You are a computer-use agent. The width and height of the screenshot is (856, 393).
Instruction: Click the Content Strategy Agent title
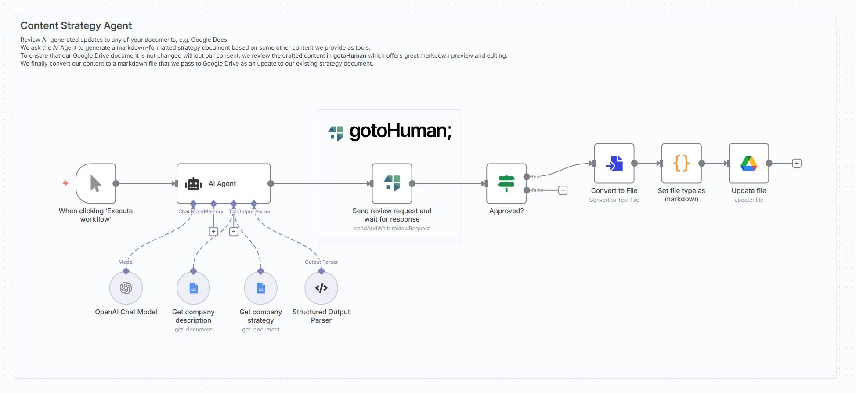76,25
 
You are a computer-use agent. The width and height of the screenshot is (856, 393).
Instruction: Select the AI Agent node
223,184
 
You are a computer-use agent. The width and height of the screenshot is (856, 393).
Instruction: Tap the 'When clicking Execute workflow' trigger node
95,184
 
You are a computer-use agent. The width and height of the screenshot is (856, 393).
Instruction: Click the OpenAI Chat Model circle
126,288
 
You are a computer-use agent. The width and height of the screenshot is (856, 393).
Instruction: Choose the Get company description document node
193,288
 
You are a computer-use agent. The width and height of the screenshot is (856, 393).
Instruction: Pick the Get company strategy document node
260,288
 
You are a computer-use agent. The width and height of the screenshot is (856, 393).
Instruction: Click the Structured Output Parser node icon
321,288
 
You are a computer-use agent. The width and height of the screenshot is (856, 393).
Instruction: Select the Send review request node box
392,184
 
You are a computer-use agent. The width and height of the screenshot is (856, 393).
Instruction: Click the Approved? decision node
506,184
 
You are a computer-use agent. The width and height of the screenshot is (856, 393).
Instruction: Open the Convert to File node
614,164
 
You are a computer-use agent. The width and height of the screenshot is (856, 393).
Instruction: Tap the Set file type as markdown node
681,164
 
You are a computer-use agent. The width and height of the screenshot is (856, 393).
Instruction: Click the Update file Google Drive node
748,164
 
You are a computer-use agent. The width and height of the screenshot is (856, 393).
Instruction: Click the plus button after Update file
797,164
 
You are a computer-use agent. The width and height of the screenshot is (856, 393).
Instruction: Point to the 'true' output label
536,177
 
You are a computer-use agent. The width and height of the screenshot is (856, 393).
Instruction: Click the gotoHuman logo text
400,131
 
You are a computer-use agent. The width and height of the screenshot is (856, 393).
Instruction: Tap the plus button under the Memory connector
213,231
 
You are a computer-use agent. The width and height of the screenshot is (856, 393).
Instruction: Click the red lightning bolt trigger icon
65,183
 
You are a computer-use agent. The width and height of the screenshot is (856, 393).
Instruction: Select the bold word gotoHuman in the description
350,56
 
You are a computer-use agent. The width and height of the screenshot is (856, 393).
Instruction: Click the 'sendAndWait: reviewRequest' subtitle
392,229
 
